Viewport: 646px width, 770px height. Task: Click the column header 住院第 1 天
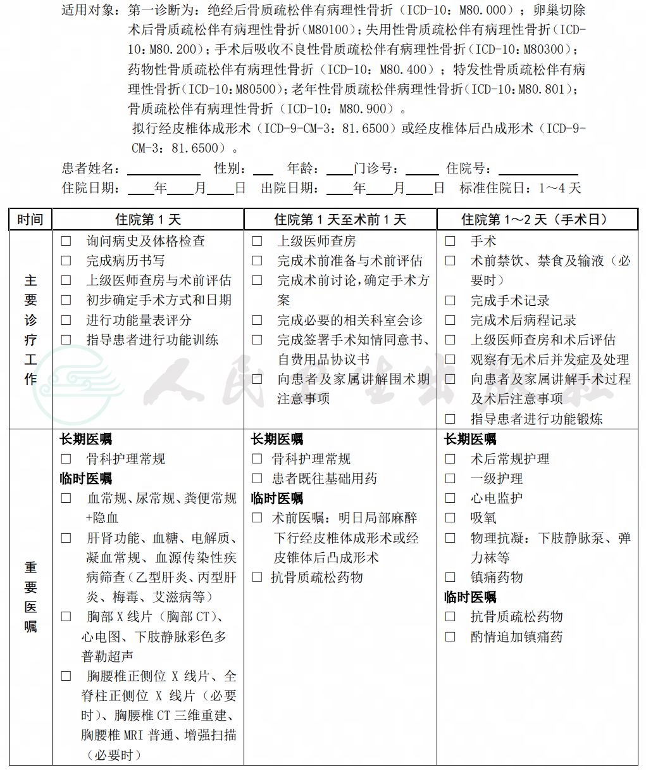[148, 220]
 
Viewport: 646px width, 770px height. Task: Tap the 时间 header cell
[30, 220]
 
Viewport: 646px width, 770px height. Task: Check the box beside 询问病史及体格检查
[66, 241]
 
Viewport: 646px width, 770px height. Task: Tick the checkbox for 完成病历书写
[66, 261]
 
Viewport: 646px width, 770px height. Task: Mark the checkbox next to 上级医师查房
[258, 241]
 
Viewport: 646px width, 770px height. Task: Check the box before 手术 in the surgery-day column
[450, 241]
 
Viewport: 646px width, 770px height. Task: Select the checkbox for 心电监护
[450, 498]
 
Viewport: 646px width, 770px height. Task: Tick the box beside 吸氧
[450, 518]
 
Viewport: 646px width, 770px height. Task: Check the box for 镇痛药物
[450, 577]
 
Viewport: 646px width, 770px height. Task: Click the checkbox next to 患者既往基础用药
[258, 479]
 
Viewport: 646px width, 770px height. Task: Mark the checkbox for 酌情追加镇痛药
[450, 637]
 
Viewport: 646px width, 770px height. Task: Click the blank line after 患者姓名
[164, 170]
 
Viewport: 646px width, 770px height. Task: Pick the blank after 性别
[263, 170]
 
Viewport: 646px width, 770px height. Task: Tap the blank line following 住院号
[538, 170]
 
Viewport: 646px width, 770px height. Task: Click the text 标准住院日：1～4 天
[520, 188]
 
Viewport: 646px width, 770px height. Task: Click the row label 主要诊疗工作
[30, 329]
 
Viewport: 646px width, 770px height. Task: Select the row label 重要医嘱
[30, 597]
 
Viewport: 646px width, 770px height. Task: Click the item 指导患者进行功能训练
[152, 340]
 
